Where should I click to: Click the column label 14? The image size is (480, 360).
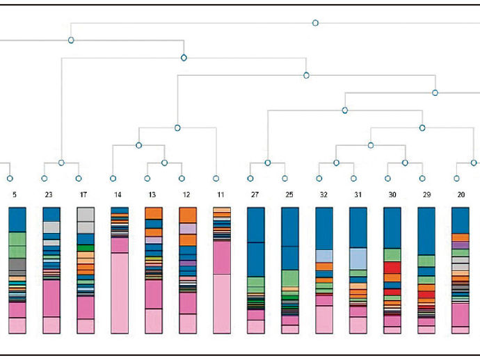(118, 195)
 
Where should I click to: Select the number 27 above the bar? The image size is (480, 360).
(255, 195)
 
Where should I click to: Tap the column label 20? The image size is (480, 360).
(461, 195)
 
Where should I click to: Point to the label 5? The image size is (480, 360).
(15, 195)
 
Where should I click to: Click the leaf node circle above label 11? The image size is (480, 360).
(216, 179)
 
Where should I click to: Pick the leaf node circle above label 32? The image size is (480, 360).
(319, 179)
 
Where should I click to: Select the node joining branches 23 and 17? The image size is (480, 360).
(61, 163)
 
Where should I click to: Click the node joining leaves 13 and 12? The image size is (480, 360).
(164, 163)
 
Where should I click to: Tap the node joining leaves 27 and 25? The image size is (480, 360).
(268, 163)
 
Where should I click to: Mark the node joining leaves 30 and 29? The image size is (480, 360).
(405, 163)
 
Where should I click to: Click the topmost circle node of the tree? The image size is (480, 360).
(315, 23)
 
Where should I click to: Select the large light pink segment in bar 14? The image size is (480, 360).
(120, 293)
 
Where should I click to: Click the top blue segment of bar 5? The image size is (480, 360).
(17, 220)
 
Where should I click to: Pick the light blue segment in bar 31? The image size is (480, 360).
(358, 259)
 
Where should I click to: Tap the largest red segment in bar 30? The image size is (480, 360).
(392, 268)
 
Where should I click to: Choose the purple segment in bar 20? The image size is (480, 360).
(461, 245)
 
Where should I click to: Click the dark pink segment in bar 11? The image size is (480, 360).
(222, 258)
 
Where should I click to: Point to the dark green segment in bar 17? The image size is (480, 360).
(86, 248)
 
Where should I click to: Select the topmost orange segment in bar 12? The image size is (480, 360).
(188, 215)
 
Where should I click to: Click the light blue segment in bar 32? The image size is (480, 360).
(324, 256)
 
